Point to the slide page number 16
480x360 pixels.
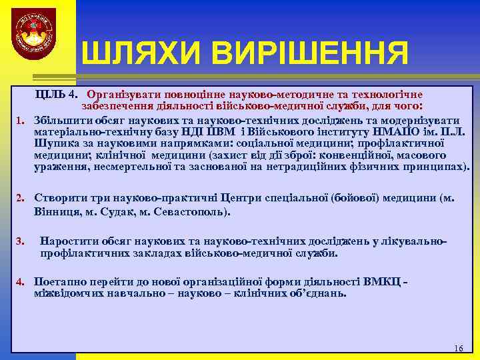coord(458,349)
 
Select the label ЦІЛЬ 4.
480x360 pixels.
coord(57,95)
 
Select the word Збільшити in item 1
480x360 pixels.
coord(60,121)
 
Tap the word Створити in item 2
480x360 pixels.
coord(60,198)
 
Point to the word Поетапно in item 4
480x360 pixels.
coord(60,281)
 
